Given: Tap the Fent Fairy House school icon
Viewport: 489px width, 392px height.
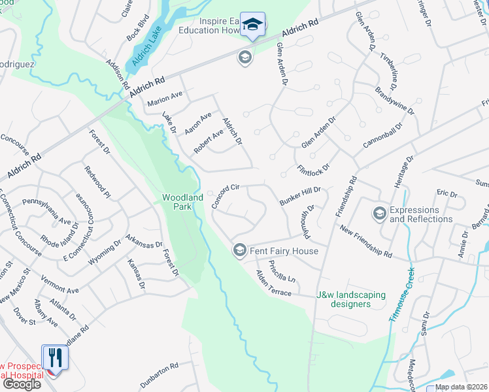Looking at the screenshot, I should point(240,250).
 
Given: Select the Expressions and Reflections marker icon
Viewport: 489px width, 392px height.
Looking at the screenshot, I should point(379,214).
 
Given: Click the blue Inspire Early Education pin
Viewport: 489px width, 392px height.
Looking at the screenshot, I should point(252,25).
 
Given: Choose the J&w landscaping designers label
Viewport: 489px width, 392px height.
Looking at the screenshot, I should point(350,299).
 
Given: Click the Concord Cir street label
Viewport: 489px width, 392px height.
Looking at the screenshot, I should point(226,195).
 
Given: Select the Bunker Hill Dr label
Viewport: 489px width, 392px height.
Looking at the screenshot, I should point(300,195).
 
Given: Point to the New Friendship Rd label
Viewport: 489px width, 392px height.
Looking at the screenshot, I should point(365,242).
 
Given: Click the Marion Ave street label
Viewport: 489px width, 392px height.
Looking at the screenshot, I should point(164,98).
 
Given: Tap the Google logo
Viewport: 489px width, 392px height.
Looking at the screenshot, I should point(22,384).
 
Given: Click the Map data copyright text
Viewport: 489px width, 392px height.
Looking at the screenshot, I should point(462,387).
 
